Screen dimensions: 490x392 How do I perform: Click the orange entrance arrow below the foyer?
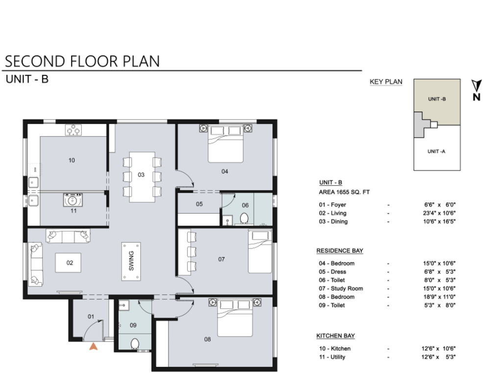point(94,346)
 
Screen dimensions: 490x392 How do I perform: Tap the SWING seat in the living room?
point(131,261)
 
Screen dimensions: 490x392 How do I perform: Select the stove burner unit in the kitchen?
point(73,130)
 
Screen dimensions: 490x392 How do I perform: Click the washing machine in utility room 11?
point(73,200)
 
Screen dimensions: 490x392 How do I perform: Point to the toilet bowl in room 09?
point(135,344)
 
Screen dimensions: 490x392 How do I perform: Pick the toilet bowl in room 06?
point(245,218)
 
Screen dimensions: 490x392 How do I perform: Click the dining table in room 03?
point(142,177)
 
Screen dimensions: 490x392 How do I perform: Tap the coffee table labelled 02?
point(69,263)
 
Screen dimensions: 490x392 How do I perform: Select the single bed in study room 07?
point(260,252)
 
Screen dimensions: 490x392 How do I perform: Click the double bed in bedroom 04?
point(225,144)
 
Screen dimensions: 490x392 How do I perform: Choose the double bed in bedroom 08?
point(235,318)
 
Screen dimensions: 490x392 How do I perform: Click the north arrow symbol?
point(477,90)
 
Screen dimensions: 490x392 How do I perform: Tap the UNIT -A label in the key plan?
point(437,151)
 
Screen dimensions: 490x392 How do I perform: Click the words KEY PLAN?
point(386,82)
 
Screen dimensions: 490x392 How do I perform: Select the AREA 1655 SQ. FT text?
point(344,192)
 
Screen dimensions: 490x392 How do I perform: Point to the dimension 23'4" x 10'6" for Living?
point(440,213)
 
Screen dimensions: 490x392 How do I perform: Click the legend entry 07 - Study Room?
point(341,289)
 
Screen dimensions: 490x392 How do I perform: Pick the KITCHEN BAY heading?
point(336,336)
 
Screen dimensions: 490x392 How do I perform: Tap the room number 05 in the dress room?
point(199,204)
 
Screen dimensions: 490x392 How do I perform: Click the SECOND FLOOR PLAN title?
point(82,61)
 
